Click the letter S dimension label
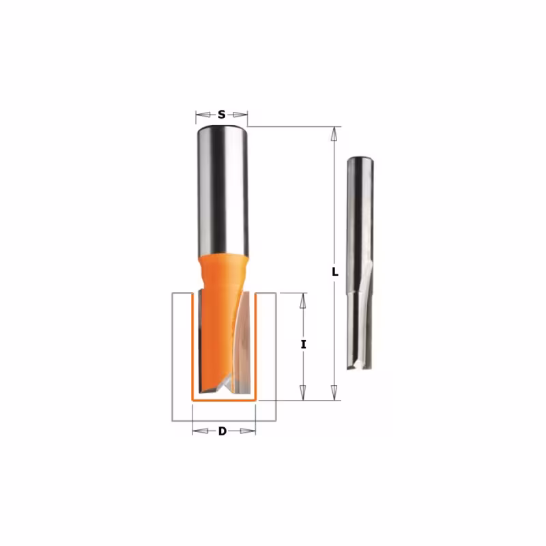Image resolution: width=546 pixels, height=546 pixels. (222, 114)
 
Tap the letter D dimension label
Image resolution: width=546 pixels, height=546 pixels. (222, 431)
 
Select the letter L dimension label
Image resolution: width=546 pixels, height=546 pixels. (335, 272)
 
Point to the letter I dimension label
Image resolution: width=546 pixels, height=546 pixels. (303, 345)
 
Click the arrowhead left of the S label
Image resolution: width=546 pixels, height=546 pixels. (203, 115)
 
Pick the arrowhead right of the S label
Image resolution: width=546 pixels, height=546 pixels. (240, 115)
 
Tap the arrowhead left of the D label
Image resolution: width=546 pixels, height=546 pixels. (200, 431)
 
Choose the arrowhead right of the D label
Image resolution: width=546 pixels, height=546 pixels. (248, 431)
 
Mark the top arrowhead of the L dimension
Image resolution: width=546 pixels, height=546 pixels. (334, 134)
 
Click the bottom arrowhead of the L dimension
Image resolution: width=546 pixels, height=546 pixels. (334, 393)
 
